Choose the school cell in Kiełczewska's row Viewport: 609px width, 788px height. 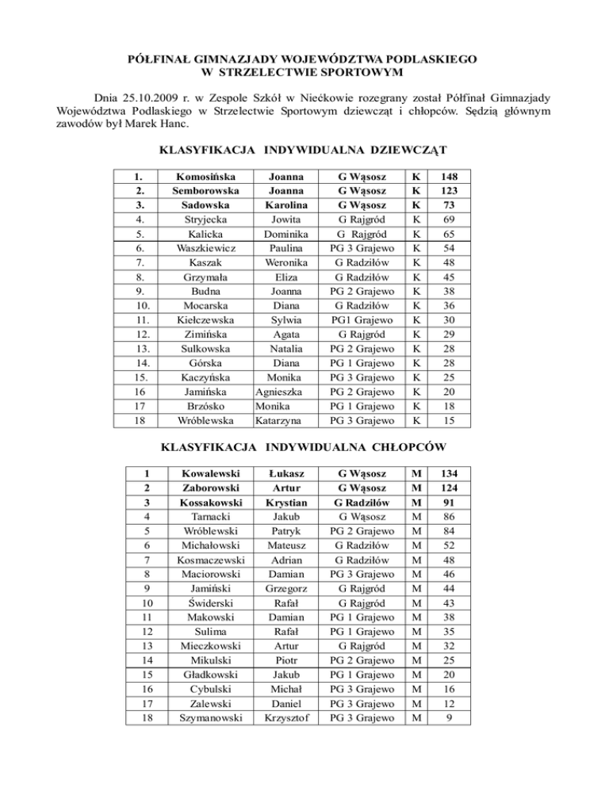click(362, 320)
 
